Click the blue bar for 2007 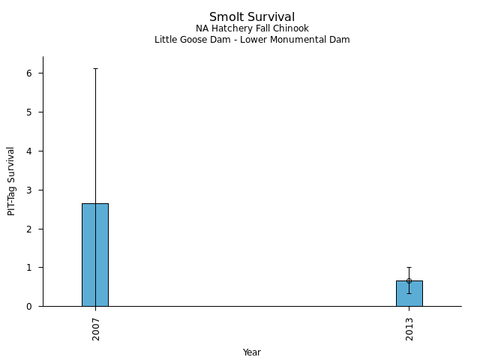[x=95, y=255]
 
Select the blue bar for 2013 [x=409, y=293]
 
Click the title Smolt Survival [x=252, y=16]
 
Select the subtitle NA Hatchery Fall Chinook [x=252, y=28]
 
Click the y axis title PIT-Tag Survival [x=11, y=181]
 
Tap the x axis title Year [x=252, y=352]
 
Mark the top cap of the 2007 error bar [x=95, y=69]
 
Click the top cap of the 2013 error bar [x=409, y=267]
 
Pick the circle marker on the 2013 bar [x=409, y=280]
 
